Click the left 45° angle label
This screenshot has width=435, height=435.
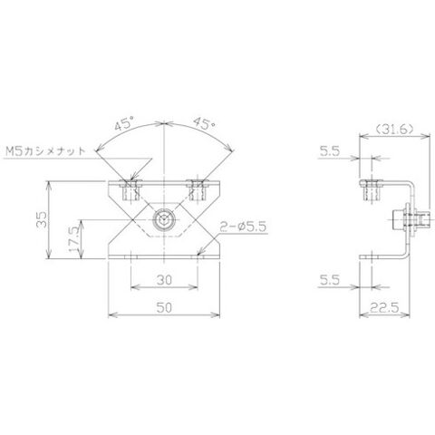pyautogui.click(x=124, y=123)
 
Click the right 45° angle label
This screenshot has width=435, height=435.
pyautogui.click(x=204, y=123)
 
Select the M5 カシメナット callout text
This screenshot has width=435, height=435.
pyautogui.click(x=46, y=150)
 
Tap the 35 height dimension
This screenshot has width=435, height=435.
pyautogui.click(x=42, y=219)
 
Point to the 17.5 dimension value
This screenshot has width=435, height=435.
pyautogui.click(x=73, y=239)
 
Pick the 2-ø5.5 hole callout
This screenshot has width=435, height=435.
pyautogui.click(x=243, y=227)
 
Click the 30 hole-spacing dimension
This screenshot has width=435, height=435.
pyautogui.click(x=164, y=280)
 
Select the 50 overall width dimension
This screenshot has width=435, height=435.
pyautogui.click(x=164, y=307)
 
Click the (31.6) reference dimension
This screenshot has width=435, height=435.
pyautogui.click(x=394, y=130)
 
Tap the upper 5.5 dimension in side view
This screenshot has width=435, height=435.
pyautogui.click(x=330, y=151)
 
